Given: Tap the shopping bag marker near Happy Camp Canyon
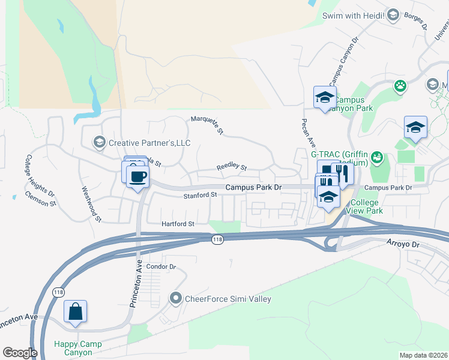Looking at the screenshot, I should pyautogui.click(x=76, y=312).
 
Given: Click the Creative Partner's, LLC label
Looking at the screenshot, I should pyautogui.click(x=148, y=143).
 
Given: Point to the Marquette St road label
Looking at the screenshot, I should pyautogui.click(x=207, y=125).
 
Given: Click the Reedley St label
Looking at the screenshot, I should pyautogui.click(x=231, y=168).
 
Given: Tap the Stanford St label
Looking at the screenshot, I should pyautogui.click(x=200, y=195).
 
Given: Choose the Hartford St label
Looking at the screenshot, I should pyautogui.click(x=178, y=224).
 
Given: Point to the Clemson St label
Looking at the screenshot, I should pyautogui.click(x=40, y=199).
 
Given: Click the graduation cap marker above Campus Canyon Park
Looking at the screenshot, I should pyautogui.click(x=324, y=98).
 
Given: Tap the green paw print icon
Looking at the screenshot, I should pyautogui.click(x=400, y=86).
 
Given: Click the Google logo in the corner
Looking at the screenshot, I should pyautogui.click(x=20, y=353).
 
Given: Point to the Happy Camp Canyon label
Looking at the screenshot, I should pyautogui.click(x=77, y=348).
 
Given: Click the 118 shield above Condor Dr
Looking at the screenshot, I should pyautogui.click(x=217, y=239).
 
